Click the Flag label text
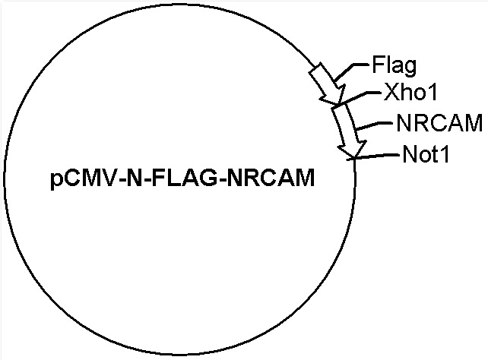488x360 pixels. point(394,66)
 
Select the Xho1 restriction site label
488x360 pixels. point(410,93)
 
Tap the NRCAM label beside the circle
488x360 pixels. point(439,123)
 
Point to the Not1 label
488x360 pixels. point(426,154)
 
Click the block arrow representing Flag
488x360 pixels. point(328,84)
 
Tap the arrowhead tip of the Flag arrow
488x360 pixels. point(338,104)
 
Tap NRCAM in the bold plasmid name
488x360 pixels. point(271,178)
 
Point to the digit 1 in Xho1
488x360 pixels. point(433,93)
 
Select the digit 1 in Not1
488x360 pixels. point(444,154)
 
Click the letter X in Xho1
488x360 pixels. point(391,93)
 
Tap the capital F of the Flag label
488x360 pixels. point(378,65)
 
